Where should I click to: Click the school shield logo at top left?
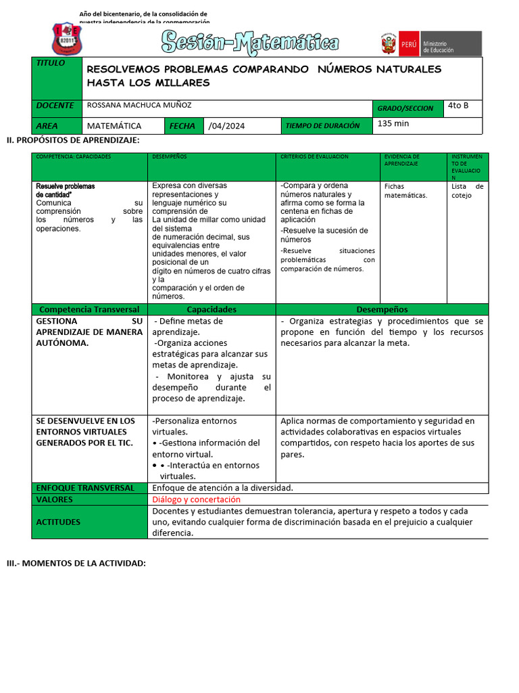[x=67, y=39]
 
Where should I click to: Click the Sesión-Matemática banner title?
[x=250, y=43]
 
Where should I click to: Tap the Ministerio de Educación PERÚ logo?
[x=430, y=44]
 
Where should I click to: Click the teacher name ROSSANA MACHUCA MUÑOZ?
[x=139, y=106]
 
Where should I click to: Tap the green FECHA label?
[x=182, y=126]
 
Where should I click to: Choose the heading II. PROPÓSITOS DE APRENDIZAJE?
[x=73, y=140]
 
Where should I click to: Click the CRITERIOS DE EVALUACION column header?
[x=314, y=156]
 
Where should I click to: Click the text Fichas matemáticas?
[x=405, y=190]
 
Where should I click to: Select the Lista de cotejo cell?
[x=467, y=191]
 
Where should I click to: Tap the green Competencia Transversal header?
[x=89, y=309]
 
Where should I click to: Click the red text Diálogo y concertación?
[x=196, y=499]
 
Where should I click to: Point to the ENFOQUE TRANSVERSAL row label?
[x=85, y=488]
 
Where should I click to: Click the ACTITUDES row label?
[x=58, y=522]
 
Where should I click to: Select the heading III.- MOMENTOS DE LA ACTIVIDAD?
[x=76, y=564]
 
